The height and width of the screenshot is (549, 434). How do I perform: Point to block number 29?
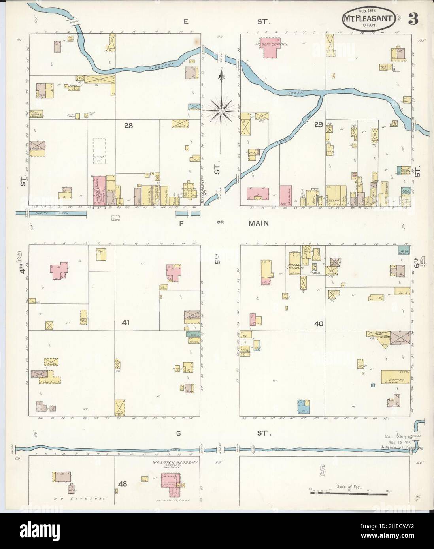319,125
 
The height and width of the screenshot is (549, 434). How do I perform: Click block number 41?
126,322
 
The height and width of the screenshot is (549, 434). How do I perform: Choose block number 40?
319,323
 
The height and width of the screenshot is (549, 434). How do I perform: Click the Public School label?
271,45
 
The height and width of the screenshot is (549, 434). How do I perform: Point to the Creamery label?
393,378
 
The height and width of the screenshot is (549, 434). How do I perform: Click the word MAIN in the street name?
259,223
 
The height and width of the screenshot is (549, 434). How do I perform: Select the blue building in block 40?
303,406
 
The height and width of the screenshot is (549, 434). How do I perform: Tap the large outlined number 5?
323,471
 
